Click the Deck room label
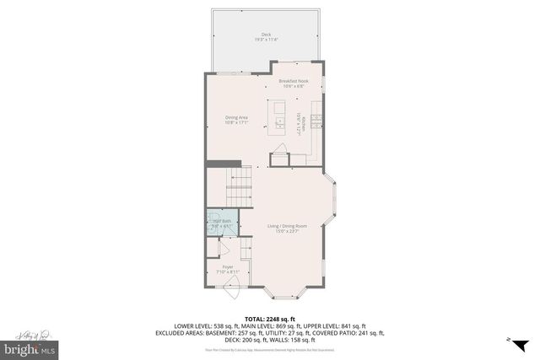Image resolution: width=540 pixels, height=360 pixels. [x=267, y=35]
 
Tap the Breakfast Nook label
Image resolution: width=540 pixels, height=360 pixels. [x=294, y=81]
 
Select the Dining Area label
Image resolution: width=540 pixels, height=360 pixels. [x=236, y=117]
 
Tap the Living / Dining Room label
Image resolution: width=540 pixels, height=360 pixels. [x=285, y=226]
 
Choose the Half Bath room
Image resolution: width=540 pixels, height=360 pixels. [x=221, y=224]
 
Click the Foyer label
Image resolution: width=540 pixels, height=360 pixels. [x=228, y=266]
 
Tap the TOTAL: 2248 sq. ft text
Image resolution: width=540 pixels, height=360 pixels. [x=270, y=319]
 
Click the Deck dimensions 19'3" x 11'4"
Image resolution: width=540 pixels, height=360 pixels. [x=267, y=40]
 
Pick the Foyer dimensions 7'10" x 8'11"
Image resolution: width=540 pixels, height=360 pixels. [x=228, y=271]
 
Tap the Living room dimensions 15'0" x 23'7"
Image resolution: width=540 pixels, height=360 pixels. [x=285, y=231]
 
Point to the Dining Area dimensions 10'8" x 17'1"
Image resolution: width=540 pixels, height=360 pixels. [x=236, y=122]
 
